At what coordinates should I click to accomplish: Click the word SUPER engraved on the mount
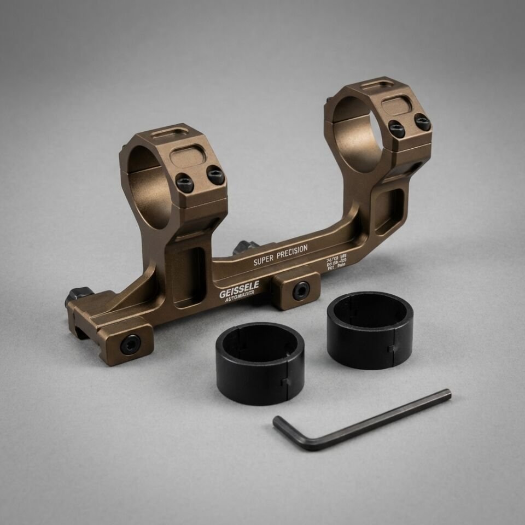(263, 260)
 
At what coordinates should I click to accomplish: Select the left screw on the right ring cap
(397, 129)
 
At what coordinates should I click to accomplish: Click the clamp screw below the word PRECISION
(301, 290)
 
